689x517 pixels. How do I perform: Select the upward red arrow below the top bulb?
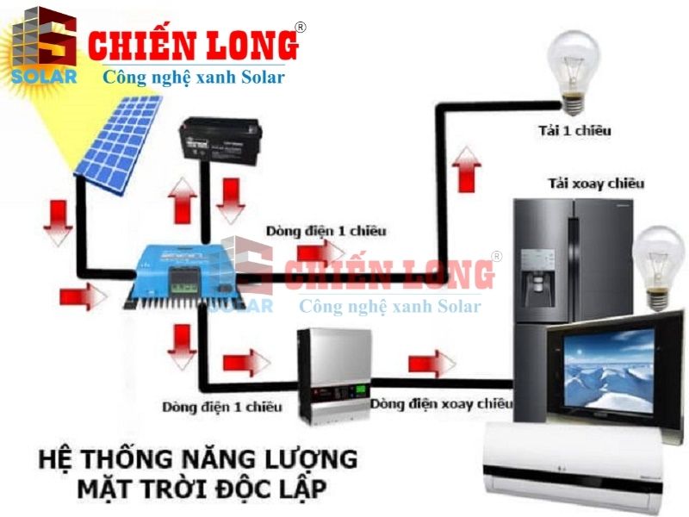[x=466, y=169]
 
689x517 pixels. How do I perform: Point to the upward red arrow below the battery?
[x=183, y=202]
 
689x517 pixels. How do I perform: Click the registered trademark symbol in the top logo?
[x=301, y=27]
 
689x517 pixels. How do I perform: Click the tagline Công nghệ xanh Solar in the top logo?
[x=194, y=78]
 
